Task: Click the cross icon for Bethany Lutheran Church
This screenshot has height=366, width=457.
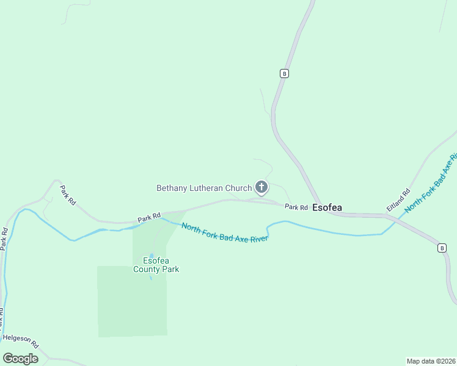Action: (x=261, y=187)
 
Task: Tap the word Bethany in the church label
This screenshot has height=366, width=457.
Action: (x=172, y=188)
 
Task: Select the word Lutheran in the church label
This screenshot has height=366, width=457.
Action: (x=207, y=188)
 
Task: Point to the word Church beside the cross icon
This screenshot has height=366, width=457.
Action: (x=239, y=188)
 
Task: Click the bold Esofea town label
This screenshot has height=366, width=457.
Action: (x=327, y=207)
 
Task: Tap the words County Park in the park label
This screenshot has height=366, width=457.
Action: (x=156, y=269)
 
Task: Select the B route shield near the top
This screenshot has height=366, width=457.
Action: (x=284, y=73)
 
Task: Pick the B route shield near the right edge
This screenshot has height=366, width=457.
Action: (x=441, y=248)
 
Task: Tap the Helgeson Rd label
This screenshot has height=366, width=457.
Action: (x=20, y=337)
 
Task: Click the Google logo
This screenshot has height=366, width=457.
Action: (x=20, y=359)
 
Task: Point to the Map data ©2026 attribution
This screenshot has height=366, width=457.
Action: (x=431, y=361)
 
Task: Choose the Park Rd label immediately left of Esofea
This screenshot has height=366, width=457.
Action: (x=296, y=207)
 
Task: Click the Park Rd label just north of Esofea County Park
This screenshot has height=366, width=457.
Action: (x=148, y=217)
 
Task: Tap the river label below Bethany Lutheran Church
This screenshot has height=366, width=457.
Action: (x=225, y=232)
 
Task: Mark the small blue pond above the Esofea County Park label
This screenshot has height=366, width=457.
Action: (x=152, y=255)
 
